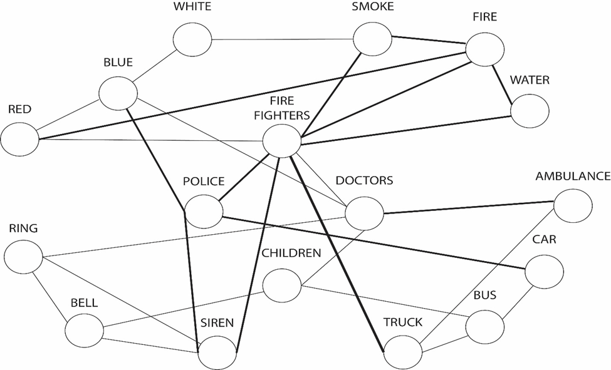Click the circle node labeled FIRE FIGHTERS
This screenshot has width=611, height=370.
pyautogui.click(x=282, y=141)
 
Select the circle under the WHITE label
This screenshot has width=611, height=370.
pyautogui.click(x=193, y=39)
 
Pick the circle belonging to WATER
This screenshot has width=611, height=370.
pyautogui.click(x=530, y=111)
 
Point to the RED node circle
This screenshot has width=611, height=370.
pyautogui.click(x=19, y=138)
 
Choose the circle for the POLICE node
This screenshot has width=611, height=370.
pyautogui.click(x=204, y=211)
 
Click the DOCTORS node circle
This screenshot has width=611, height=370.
pyautogui.click(x=364, y=213)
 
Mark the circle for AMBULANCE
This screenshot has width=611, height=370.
pyautogui.click(x=573, y=205)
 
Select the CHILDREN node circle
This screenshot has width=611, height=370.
pyautogui.click(x=282, y=285)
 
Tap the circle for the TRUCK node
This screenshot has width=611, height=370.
pyautogui.click(x=403, y=352)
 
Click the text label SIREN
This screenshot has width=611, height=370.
pyautogui.click(x=217, y=323)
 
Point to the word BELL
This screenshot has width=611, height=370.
pyautogui.click(x=84, y=302)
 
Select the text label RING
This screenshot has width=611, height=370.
pyautogui.click(x=23, y=229)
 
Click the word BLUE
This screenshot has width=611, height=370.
pyautogui.click(x=118, y=62)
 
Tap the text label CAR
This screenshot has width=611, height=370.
pyautogui.click(x=544, y=240)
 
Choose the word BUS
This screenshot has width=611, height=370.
pyautogui.click(x=484, y=295)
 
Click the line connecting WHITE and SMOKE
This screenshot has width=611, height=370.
pyautogui.click(x=282, y=39)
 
